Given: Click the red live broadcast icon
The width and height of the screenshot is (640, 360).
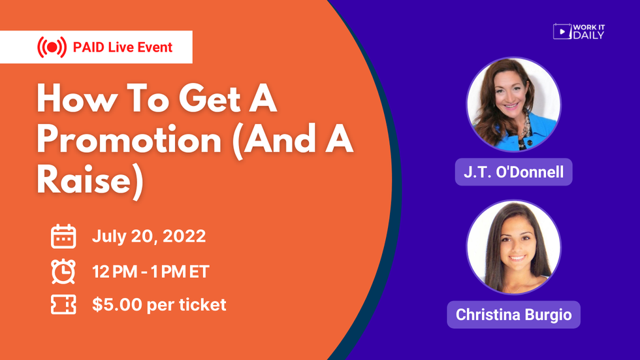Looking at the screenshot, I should (52, 47).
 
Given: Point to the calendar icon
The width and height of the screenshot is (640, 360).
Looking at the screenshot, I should (63, 237).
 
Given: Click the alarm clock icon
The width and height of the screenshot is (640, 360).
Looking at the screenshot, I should (63, 271).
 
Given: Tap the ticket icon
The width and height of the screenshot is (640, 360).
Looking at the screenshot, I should (63, 305).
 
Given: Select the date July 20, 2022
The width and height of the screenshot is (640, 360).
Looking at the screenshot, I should (149, 236).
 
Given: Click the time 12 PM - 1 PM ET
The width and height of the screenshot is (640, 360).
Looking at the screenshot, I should (151, 271).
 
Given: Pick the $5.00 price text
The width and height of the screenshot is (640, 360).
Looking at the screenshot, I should (114, 304).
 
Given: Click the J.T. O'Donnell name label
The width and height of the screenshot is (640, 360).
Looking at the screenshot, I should (513, 172).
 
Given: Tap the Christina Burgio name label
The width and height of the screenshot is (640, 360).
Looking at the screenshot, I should (513, 314).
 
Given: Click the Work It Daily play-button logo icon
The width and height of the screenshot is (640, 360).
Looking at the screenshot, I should (562, 31).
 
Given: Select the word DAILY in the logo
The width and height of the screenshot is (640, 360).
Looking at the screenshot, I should (588, 35).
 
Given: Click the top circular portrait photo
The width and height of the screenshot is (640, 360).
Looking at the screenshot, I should (513, 105).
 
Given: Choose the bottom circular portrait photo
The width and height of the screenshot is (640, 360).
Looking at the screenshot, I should (513, 247).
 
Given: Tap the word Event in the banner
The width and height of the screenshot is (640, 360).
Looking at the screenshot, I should (154, 47).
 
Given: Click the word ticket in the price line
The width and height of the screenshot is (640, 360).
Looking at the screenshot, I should (202, 304).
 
